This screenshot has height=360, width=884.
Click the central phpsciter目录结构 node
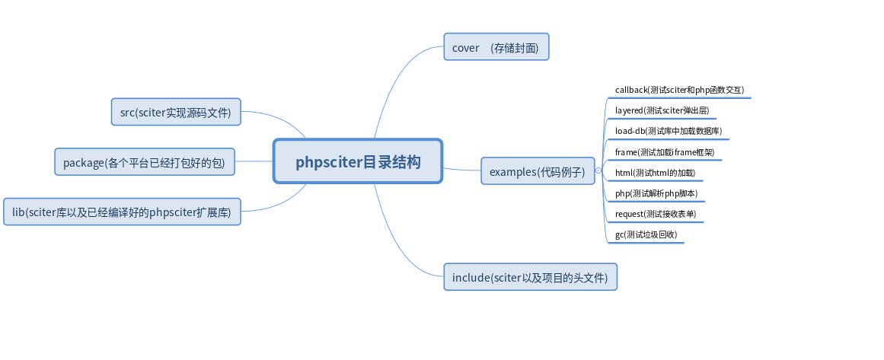[x=358, y=161]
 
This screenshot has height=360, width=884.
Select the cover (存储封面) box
[x=496, y=47]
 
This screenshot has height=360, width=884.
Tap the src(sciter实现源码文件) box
[x=176, y=112]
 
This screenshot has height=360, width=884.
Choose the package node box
[x=145, y=162]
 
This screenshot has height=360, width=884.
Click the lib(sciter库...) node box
[x=122, y=212]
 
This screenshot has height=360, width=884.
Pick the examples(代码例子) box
[x=538, y=171]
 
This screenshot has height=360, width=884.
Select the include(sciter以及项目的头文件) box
[x=530, y=277]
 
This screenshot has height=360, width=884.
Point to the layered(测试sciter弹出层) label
[x=662, y=110]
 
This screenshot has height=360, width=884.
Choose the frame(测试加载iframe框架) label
[x=665, y=152]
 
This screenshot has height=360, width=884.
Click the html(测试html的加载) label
[x=655, y=173]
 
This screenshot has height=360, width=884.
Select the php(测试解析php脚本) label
[x=656, y=193]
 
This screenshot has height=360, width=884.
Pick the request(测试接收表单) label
[x=656, y=214]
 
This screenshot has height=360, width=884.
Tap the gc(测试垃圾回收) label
[x=646, y=234]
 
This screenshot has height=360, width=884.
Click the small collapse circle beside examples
[x=598, y=171]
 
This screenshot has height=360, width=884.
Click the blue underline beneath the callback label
[x=681, y=98]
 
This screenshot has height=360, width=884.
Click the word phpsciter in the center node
[x=327, y=161]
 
